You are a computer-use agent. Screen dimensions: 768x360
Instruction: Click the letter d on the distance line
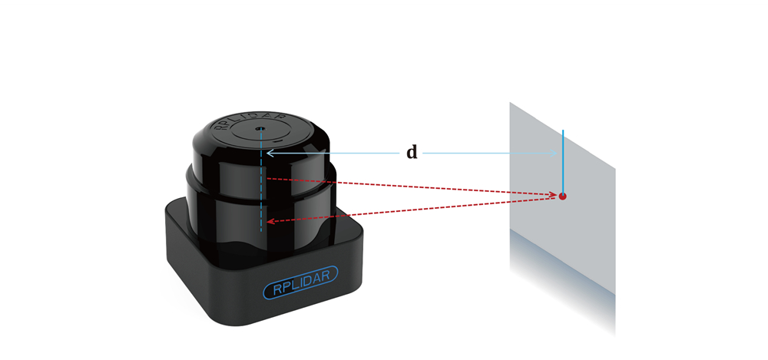412,154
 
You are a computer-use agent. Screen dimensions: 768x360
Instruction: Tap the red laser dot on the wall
562,197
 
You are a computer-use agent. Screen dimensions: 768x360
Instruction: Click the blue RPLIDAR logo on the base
300,282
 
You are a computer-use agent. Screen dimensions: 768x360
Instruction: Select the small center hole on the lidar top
261,129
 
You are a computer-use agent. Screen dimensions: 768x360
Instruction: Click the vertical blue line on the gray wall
563,162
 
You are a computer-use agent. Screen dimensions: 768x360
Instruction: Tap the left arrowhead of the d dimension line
270,154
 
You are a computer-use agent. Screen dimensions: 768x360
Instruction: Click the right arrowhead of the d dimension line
554,154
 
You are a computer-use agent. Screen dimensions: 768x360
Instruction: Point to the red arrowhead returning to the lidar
270,221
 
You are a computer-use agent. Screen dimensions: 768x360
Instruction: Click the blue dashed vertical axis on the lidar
261,180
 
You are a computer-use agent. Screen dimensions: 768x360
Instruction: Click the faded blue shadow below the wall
562,284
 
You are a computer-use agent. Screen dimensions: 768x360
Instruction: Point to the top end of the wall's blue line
563,130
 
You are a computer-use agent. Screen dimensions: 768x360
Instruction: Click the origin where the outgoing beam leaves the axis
262,178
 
